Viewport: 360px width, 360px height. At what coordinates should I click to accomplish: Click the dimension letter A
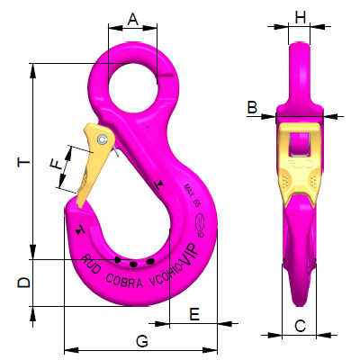pyautogui.click(x=133, y=17)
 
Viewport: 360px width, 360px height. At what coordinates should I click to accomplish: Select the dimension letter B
pyautogui.click(x=253, y=107)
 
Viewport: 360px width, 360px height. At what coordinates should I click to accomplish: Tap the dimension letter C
pyautogui.click(x=301, y=326)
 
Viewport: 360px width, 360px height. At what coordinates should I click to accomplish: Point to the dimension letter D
pyautogui.click(x=24, y=282)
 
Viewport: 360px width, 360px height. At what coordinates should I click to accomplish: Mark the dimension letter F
pyautogui.click(x=56, y=165)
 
